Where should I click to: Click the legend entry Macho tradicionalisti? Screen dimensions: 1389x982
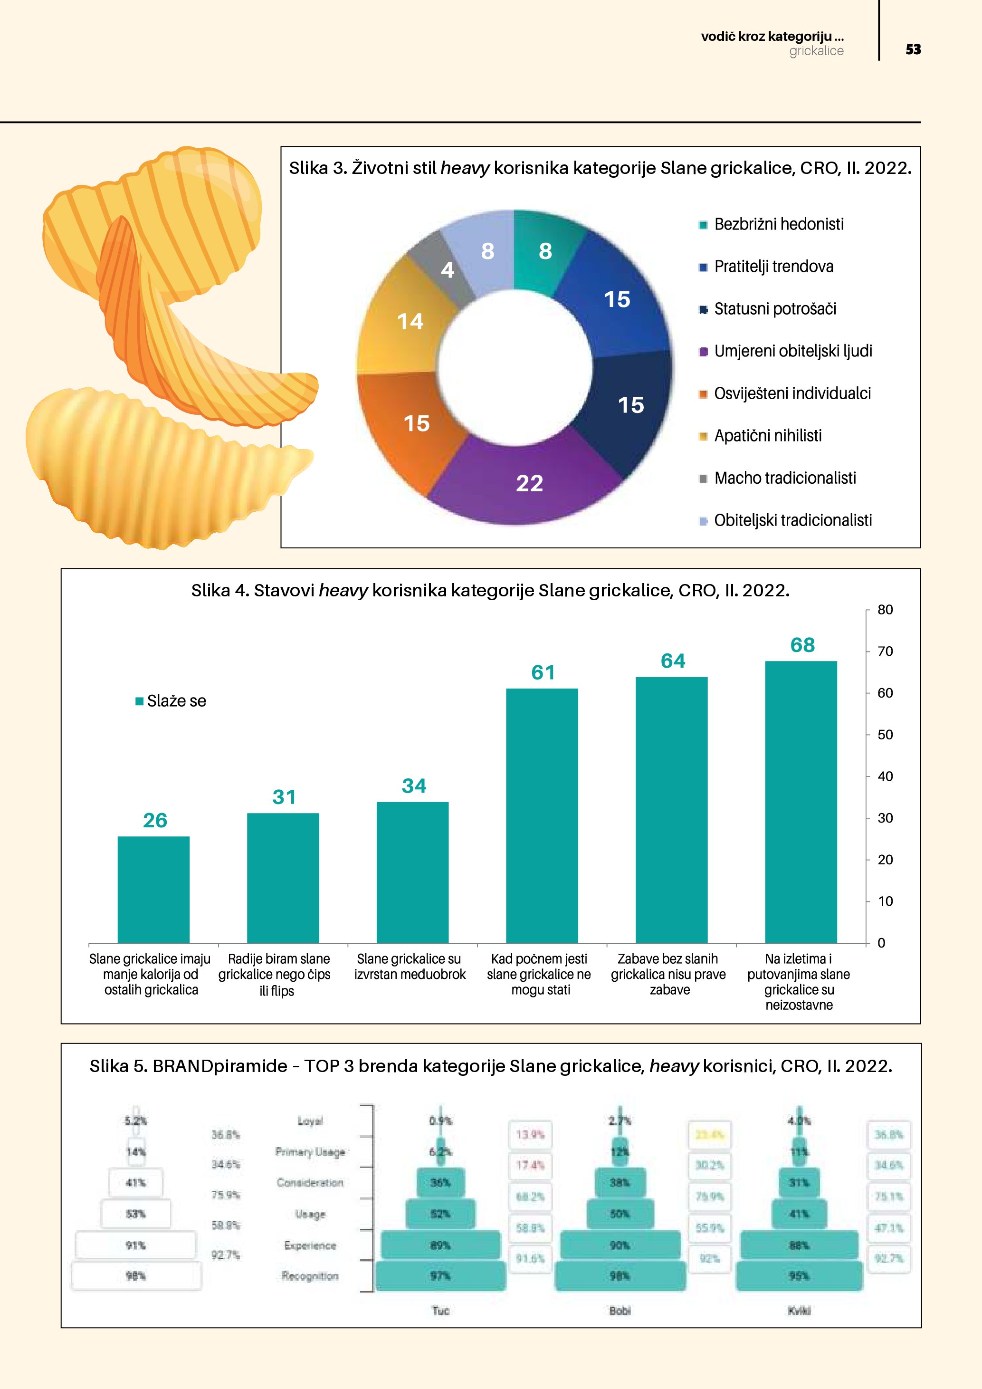coord(784,478)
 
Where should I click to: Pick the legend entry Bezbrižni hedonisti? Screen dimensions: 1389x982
coord(778,224)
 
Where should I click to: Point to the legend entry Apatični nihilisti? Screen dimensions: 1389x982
coord(767,436)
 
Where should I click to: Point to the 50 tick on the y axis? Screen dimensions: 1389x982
coord(885,735)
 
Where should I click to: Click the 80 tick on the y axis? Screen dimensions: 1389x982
coord(885,610)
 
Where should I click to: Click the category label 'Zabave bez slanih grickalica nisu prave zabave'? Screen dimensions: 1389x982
coord(668,974)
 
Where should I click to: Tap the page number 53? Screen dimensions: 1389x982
coord(913,49)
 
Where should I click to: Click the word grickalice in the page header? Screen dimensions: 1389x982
coord(816,51)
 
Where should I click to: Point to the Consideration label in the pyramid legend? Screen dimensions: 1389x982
coord(310,1183)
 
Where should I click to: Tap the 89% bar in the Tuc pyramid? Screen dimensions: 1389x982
coord(440,1245)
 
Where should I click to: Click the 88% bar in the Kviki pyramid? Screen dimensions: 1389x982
coord(799,1245)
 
